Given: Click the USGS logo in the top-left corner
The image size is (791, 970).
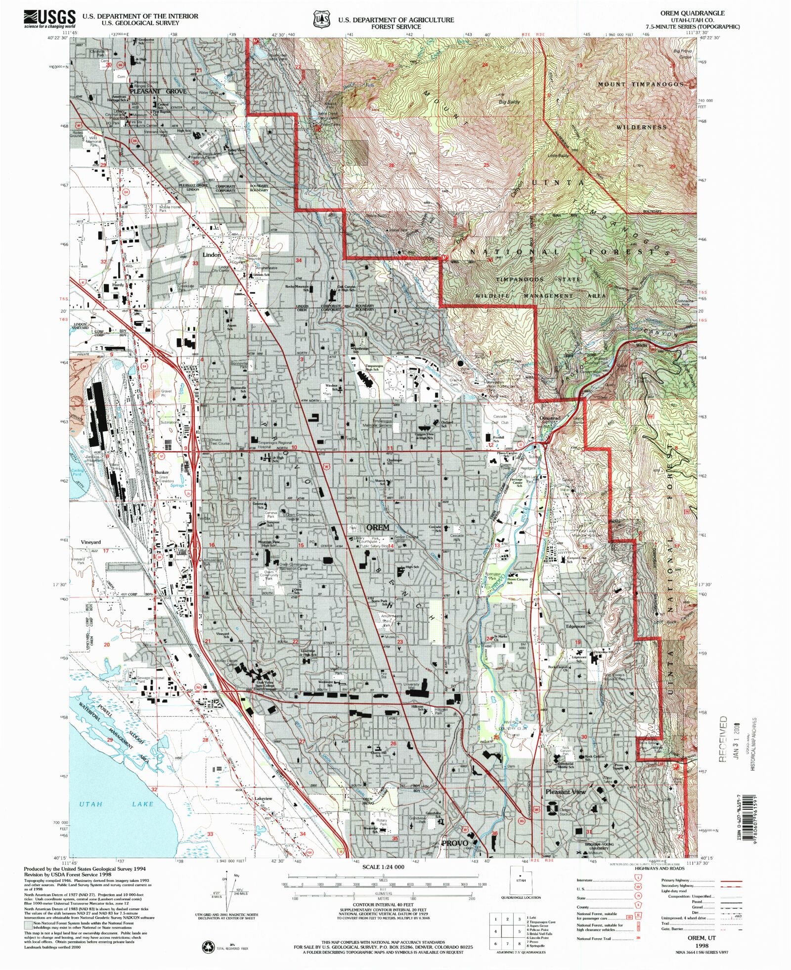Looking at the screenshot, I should tap(49, 19).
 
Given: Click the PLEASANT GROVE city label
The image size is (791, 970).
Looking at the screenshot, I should tap(158, 92).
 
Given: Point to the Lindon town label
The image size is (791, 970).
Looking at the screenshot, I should tap(212, 254).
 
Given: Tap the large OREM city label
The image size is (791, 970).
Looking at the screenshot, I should tap(378, 527).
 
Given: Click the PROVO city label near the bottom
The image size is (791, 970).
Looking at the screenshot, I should tap(454, 843).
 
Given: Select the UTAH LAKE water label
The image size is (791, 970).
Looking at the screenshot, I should tap(116, 804).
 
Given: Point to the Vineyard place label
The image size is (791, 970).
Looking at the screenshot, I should tap(90, 543).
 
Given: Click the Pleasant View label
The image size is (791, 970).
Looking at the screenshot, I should tap(566, 792).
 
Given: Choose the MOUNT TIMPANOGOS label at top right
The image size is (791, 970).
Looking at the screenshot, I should tap(641, 85).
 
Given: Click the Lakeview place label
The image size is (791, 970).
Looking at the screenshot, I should tap(263, 799).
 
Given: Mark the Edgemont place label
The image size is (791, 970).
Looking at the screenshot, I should tap(575, 626).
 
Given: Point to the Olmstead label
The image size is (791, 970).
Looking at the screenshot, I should tap(550, 418).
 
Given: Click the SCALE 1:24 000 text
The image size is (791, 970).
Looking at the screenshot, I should tap(383, 867).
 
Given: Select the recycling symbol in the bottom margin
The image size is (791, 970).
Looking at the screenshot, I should tap(208, 947).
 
